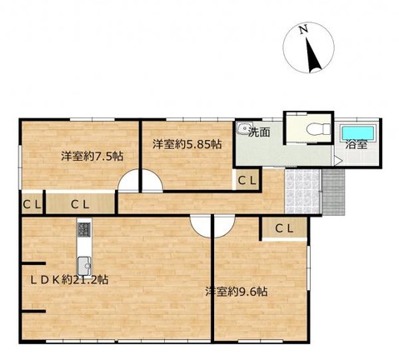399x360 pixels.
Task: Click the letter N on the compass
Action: click(x=303, y=29)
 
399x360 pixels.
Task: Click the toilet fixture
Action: click(x=319, y=128)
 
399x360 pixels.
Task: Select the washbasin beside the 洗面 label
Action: click(x=244, y=128)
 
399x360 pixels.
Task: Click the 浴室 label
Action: click(x=357, y=145)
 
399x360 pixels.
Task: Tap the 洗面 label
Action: click(x=259, y=132)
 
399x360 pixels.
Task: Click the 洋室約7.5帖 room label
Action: click(x=92, y=157)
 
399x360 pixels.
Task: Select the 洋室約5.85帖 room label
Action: click(x=187, y=144)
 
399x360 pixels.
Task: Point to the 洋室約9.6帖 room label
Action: click(x=237, y=292)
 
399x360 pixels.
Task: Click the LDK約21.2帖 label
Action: click(x=69, y=280)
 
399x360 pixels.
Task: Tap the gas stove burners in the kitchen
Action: click(x=84, y=230)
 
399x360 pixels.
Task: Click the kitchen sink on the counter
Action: click(x=84, y=266)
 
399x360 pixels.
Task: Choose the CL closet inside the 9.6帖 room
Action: click(x=284, y=228)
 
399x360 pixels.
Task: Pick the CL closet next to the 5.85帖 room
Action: click(x=247, y=181)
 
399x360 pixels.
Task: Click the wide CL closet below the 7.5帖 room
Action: click(x=80, y=204)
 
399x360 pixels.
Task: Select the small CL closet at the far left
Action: click(x=32, y=204)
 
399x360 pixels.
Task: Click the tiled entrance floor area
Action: click(x=302, y=191)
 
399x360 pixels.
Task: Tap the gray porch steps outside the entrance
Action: click(x=333, y=192)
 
